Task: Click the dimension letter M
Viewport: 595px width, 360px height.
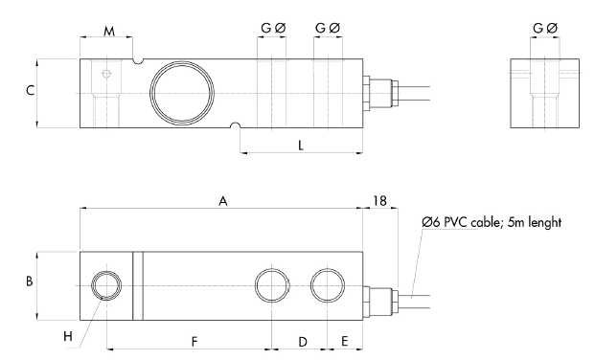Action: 109,31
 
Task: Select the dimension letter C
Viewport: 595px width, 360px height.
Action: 30,90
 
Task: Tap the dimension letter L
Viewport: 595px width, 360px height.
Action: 301,146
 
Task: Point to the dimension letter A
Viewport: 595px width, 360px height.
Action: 223,201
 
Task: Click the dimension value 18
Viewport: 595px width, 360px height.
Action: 379,201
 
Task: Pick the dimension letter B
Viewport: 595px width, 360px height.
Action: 29,281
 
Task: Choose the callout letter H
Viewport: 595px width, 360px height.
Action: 68,336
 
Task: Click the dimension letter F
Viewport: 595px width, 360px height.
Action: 195,342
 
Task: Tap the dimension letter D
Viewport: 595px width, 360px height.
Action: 303,342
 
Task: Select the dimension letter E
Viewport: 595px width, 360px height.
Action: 345,342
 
